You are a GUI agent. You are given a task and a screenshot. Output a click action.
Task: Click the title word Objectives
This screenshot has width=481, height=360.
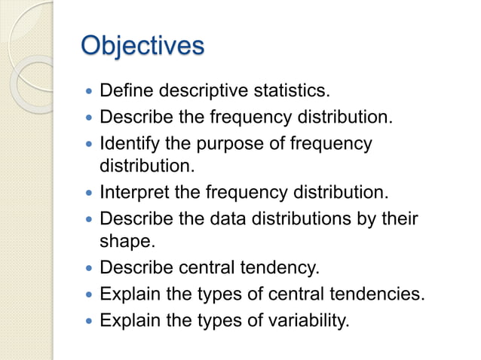[x=142, y=45]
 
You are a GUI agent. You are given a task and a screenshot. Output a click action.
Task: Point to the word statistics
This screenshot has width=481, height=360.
[x=291, y=92]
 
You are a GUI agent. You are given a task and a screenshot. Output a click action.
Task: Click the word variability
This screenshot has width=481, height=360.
[x=311, y=321]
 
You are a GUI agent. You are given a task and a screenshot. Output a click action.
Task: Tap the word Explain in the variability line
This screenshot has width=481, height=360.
[x=127, y=321]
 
